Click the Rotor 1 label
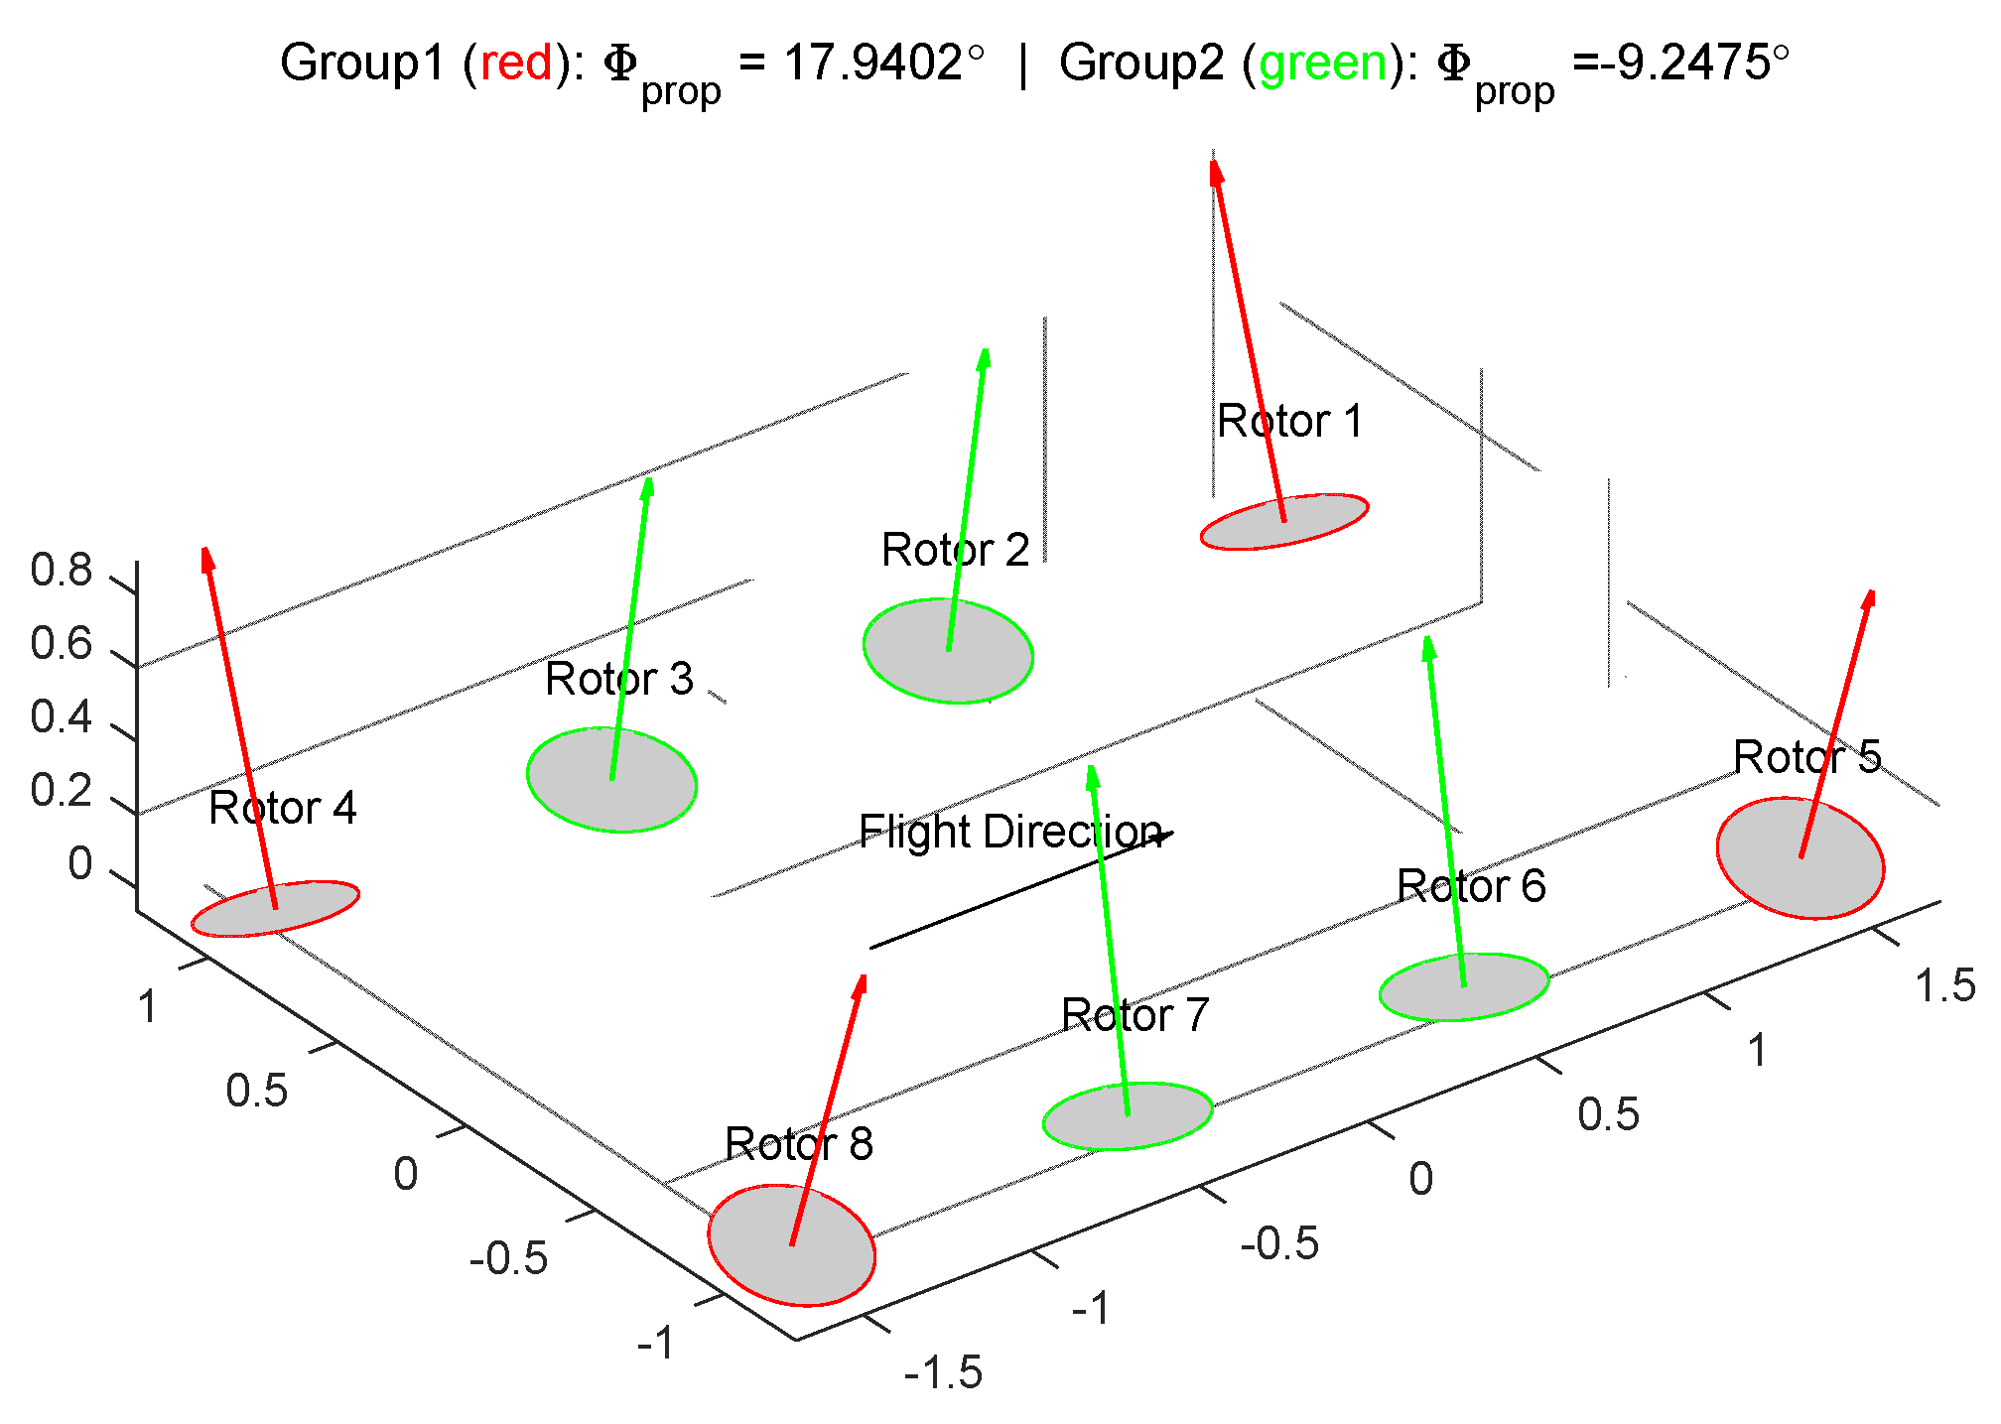pos(1289,422)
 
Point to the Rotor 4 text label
pos(282,809)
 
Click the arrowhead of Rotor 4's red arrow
pos(207,559)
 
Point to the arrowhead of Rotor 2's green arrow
pos(984,358)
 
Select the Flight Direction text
pos(1009,832)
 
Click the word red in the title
pos(516,64)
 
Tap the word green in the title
pos(1323,64)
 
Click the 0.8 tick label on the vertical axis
pos(61,571)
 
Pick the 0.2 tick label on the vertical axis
pos(61,791)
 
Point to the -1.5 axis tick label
pos(943,1373)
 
